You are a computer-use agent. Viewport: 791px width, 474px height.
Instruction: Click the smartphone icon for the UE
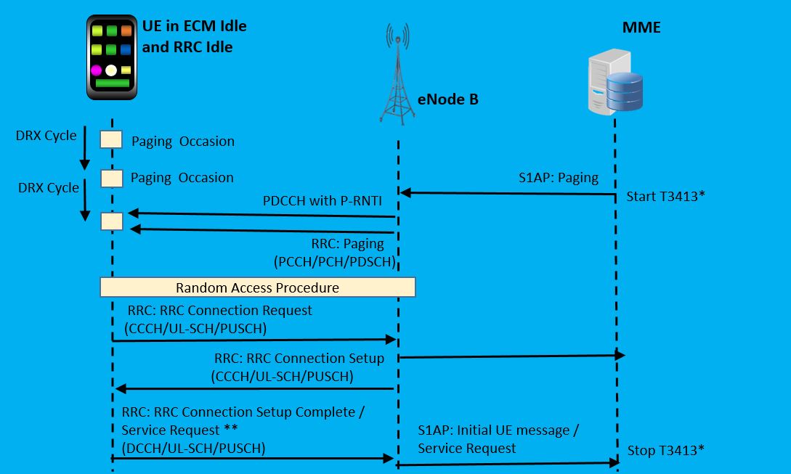point(111,57)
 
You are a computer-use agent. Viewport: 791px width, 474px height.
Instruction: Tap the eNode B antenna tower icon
point(398,76)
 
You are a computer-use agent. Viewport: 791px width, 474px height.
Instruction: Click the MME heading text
point(641,28)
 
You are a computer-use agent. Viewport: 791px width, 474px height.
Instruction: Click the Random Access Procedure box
point(257,287)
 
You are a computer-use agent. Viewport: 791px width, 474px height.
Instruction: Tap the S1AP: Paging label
point(559,178)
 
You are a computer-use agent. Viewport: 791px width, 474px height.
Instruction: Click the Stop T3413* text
point(666,450)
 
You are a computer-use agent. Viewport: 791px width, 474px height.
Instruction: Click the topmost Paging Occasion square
point(111,140)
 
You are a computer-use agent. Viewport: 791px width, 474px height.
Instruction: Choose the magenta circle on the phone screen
point(96,70)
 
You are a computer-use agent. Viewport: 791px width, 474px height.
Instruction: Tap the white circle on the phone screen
point(111,70)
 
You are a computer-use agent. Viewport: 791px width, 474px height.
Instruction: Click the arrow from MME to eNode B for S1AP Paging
point(508,193)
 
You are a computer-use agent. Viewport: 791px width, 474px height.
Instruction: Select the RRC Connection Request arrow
point(254,340)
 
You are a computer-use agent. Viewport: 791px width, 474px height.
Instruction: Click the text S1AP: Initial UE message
point(498,430)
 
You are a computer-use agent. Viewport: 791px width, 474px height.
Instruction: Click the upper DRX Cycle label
point(46,136)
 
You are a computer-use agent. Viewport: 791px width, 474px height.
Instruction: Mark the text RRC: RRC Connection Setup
point(299,359)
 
